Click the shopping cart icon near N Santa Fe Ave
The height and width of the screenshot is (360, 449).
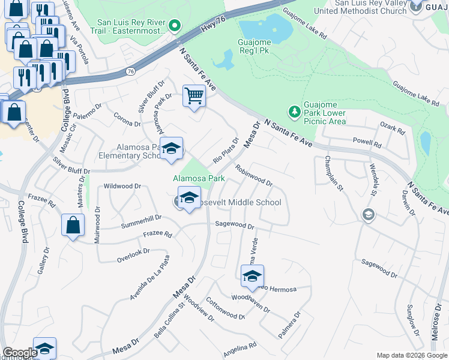(x=194, y=95)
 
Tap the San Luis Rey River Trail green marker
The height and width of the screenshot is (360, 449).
(x=175, y=25)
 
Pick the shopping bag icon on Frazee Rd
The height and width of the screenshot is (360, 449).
(x=73, y=225)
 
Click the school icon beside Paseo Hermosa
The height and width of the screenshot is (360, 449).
(x=252, y=275)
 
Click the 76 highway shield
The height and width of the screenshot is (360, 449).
(x=130, y=71)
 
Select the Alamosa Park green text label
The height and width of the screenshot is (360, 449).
(x=199, y=178)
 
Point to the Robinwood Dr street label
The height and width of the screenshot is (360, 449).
(x=254, y=176)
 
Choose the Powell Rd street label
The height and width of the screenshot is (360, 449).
(x=367, y=145)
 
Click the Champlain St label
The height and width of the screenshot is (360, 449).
(x=333, y=174)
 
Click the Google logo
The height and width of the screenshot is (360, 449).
(x=20, y=352)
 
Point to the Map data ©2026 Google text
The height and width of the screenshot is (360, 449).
(x=411, y=355)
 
